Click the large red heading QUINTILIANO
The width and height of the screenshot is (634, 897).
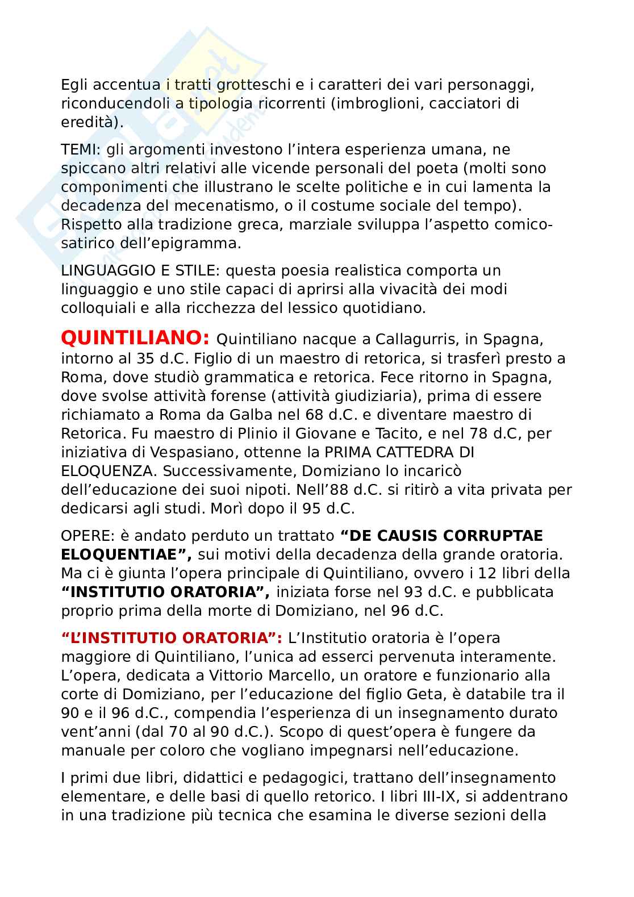click(x=135, y=339)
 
